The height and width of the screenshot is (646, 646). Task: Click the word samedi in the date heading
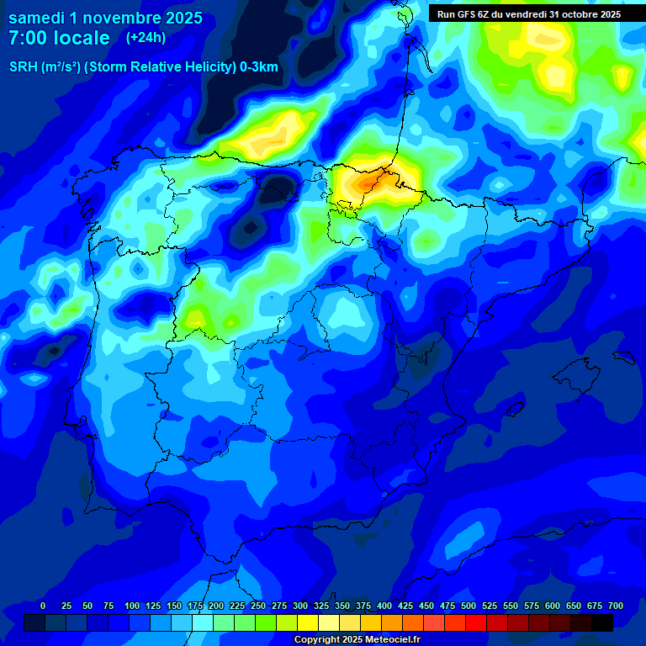[37, 18]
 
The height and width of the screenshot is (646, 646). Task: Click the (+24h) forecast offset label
[146, 38]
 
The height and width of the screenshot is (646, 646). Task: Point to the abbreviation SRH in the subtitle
[23, 67]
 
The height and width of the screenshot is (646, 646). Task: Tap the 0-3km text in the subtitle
[259, 67]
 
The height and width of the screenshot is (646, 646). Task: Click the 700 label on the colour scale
[615, 606]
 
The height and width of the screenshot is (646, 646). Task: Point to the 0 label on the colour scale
[43, 606]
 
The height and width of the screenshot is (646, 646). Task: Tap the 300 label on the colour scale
[300, 606]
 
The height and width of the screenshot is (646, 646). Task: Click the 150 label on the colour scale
[174, 606]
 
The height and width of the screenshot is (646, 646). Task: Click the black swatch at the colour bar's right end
[602, 622]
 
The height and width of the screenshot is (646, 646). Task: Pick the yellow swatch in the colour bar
[308, 622]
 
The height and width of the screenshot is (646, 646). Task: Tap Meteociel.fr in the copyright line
[392, 639]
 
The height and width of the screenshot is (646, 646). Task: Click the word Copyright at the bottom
[317, 639]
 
